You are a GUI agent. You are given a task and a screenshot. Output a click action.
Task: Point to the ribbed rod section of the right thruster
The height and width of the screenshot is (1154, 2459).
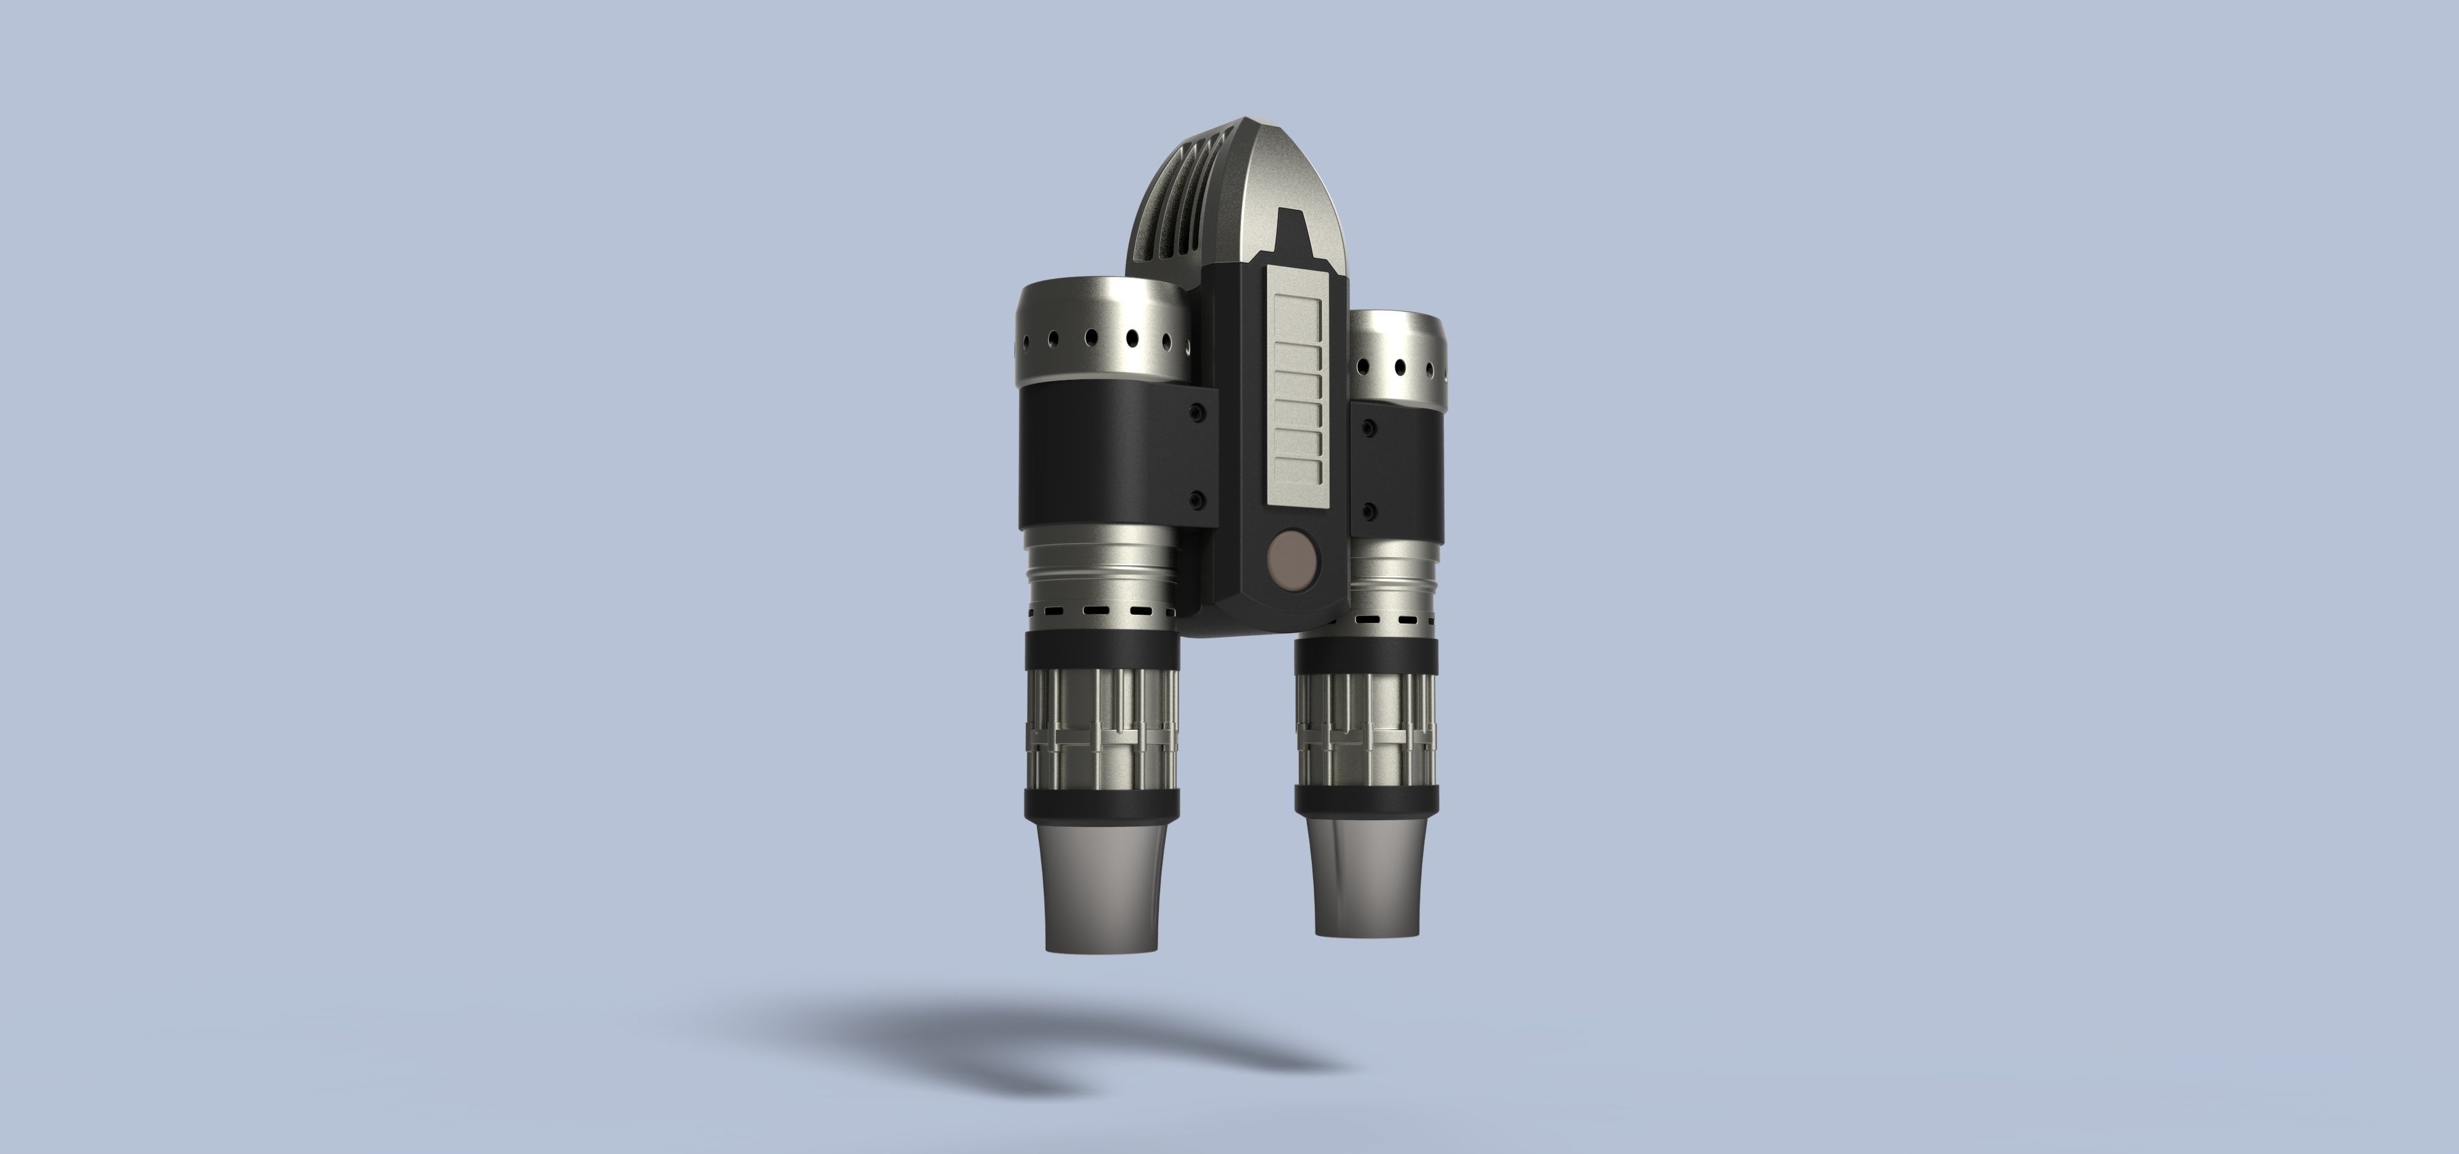click(x=1365, y=730)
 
